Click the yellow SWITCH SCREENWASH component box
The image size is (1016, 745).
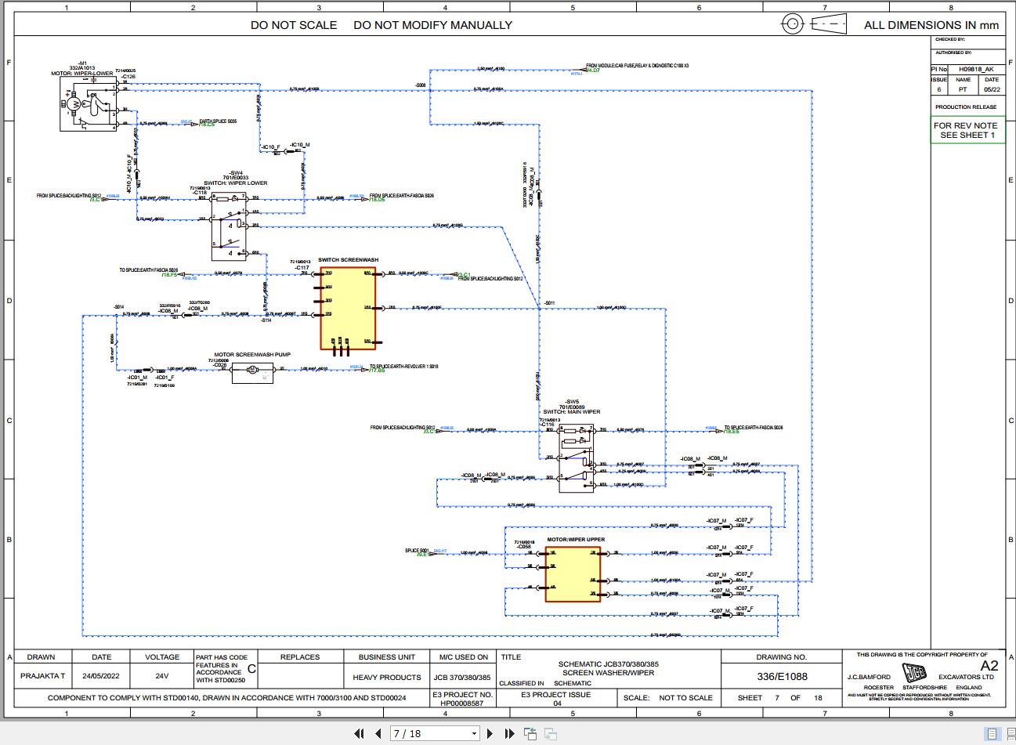click(x=348, y=308)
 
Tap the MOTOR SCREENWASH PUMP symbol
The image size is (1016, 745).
click(x=251, y=374)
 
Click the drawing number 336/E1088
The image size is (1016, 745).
click(x=781, y=676)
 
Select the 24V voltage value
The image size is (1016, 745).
click(x=161, y=676)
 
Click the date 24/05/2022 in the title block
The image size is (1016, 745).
click(x=102, y=676)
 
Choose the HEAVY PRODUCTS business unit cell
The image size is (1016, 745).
click(x=386, y=677)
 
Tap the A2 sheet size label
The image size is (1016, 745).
click(x=989, y=666)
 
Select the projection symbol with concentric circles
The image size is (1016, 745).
click(x=793, y=24)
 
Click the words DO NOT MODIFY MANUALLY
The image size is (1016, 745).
click(x=432, y=25)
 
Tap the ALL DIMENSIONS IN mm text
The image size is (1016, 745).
click(x=931, y=25)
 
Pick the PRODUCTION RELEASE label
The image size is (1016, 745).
click(x=966, y=107)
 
